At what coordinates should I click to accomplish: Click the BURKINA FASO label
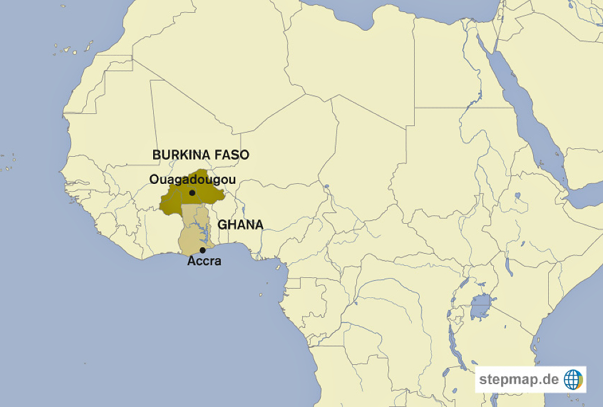click(200, 154)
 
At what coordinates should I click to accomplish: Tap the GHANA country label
click(240, 225)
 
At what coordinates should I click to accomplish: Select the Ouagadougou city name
click(192, 179)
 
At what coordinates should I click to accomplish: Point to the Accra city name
click(204, 261)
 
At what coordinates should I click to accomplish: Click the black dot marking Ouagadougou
click(192, 193)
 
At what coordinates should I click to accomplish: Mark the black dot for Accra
click(203, 250)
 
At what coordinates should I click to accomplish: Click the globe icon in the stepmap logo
click(573, 379)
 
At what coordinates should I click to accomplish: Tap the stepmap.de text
click(519, 380)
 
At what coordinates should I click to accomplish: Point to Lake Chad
click(326, 188)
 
